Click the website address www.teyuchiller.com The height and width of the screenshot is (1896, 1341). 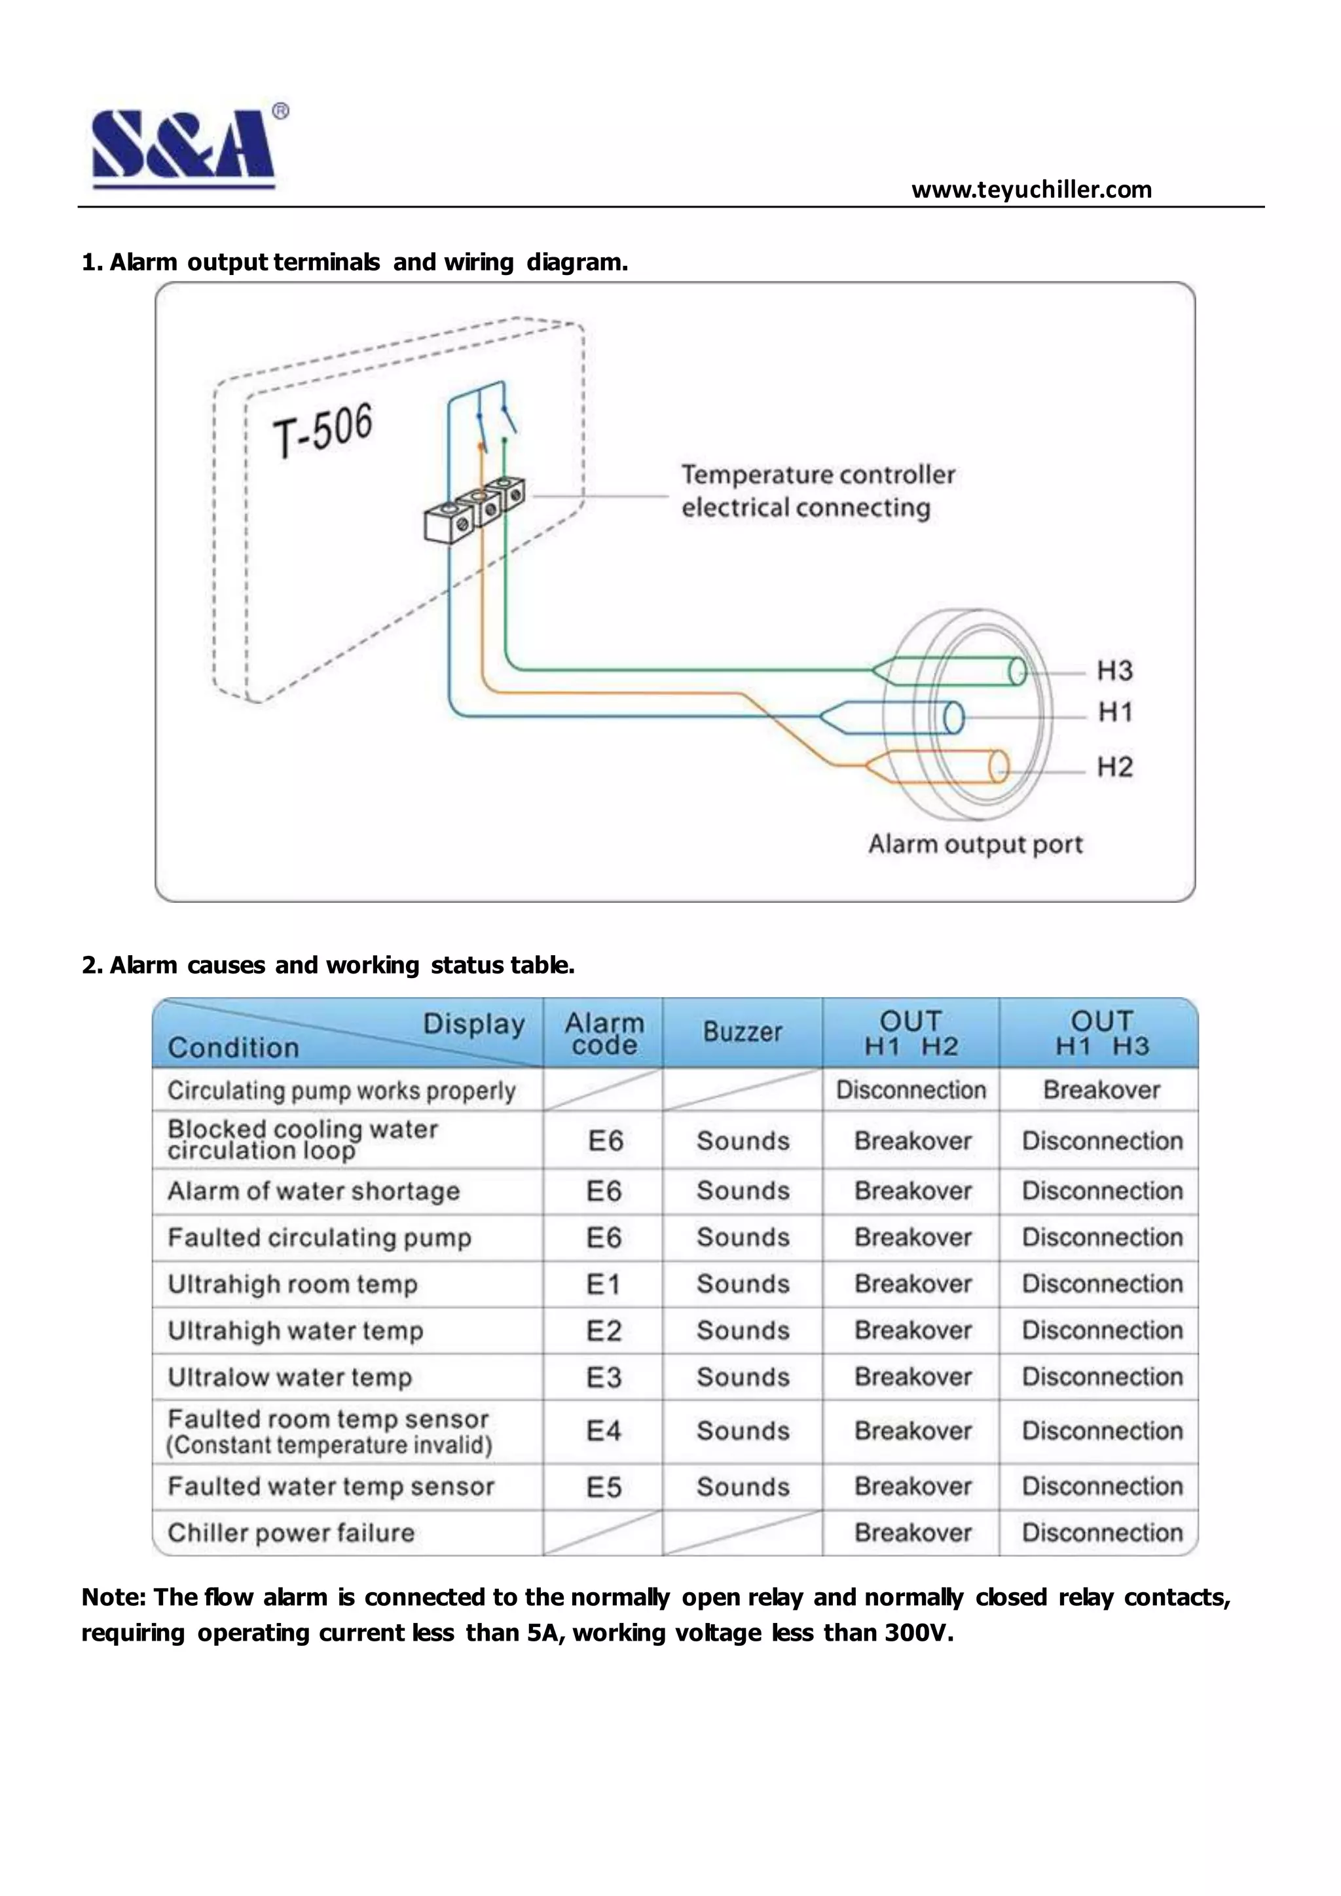[x=1031, y=190]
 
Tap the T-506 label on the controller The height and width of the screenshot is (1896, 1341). [x=323, y=429]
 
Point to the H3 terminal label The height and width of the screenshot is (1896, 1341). [x=1114, y=670]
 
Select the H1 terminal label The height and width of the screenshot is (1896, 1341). [x=1114, y=712]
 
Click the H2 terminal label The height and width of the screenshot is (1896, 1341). [x=1114, y=767]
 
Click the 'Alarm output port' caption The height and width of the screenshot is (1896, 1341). [x=974, y=844]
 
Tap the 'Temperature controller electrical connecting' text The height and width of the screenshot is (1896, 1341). [x=817, y=490]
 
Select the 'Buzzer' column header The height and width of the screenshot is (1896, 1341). [x=741, y=1032]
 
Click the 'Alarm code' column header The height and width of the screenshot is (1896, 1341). [x=604, y=1034]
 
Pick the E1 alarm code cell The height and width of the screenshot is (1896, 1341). [x=603, y=1284]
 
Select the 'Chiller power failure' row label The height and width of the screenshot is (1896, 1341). [x=291, y=1533]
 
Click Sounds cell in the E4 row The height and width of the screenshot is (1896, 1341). [x=743, y=1431]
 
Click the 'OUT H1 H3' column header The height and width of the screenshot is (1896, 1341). [x=1101, y=1033]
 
